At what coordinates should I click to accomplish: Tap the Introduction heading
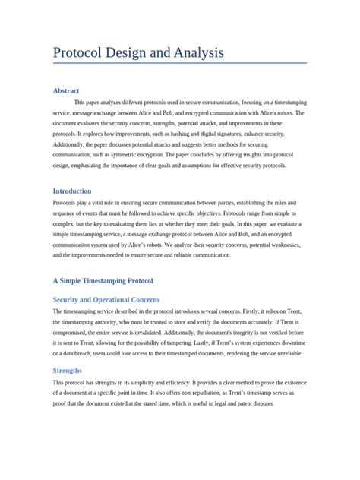(x=72, y=191)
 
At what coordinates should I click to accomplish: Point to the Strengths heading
(x=68, y=369)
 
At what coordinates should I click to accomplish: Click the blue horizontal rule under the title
(x=179, y=63)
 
